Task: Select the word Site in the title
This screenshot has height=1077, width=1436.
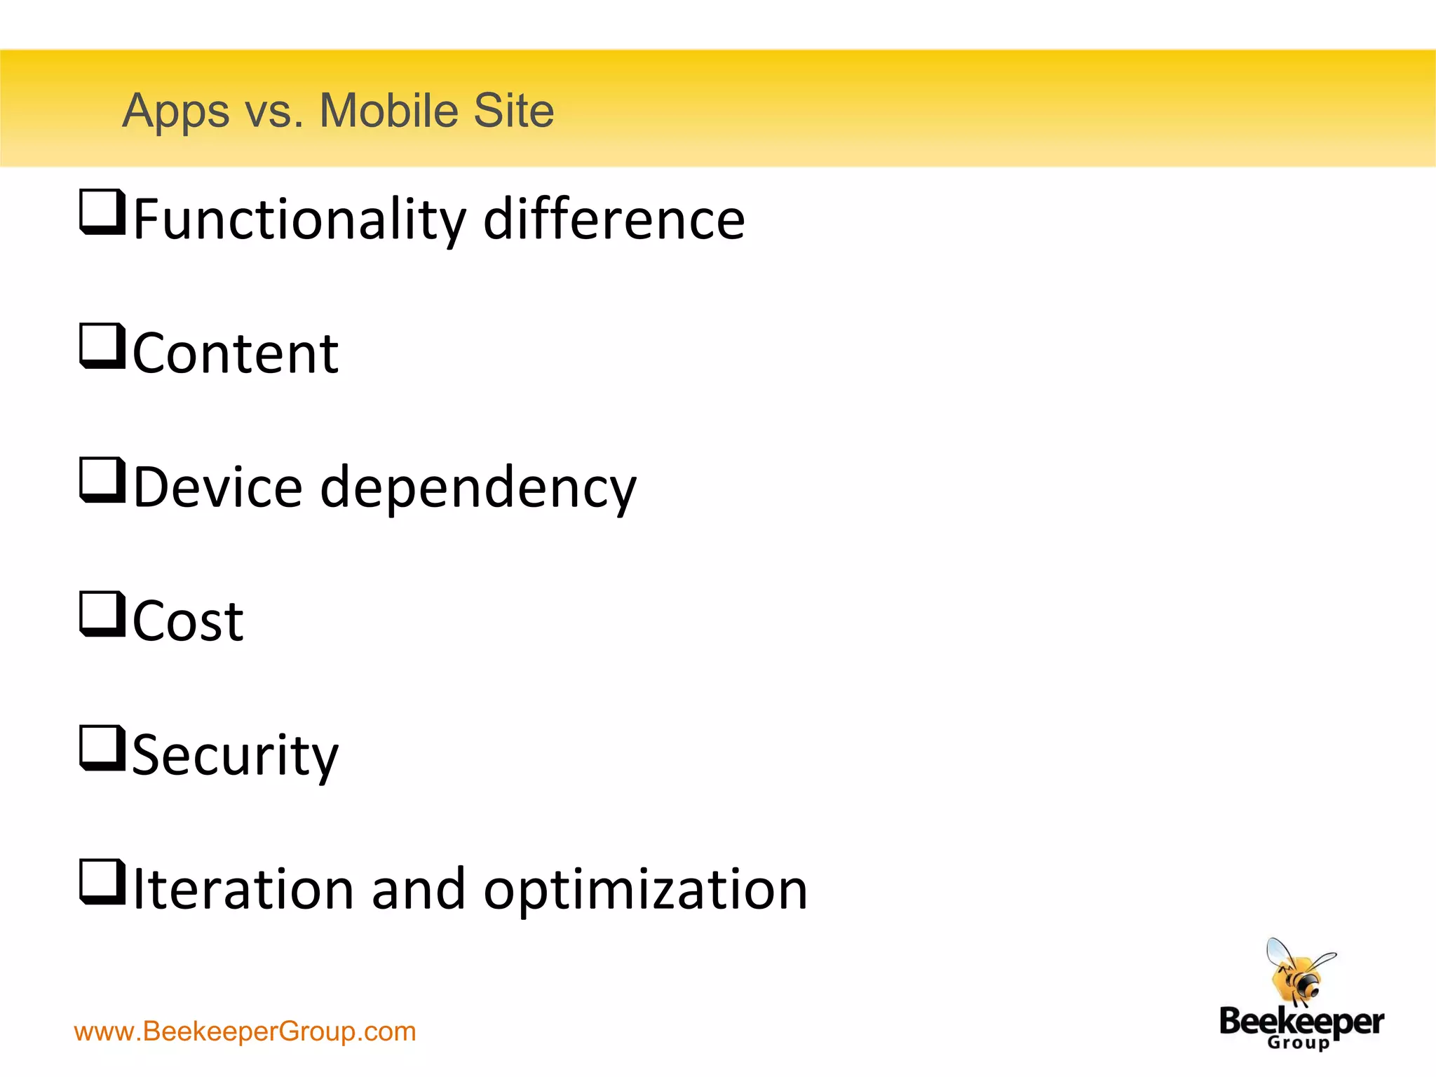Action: pyautogui.click(x=513, y=111)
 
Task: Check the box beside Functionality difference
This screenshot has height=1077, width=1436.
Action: pyautogui.click(x=102, y=212)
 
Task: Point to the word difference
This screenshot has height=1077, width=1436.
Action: pyautogui.click(x=614, y=219)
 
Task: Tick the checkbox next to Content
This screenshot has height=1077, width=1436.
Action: pyautogui.click(x=102, y=346)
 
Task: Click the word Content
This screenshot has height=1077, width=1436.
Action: pyautogui.click(x=236, y=353)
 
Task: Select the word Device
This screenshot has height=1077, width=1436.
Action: pyautogui.click(x=217, y=487)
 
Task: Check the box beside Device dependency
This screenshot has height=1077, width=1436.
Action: pyautogui.click(x=102, y=480)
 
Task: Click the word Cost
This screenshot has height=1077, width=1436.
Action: pyautogui.click(x=188, y=621)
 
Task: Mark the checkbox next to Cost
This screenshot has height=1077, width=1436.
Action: pyautogui.click(x=102, y=614)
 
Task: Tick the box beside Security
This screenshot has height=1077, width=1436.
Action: pyautogui.click(x=102, y=748)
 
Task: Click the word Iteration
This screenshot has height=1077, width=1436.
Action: pyautogui.click(x=243, y=889)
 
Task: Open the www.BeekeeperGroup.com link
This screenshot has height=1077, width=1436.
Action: pyautogui.click(x=245, y=1031)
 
